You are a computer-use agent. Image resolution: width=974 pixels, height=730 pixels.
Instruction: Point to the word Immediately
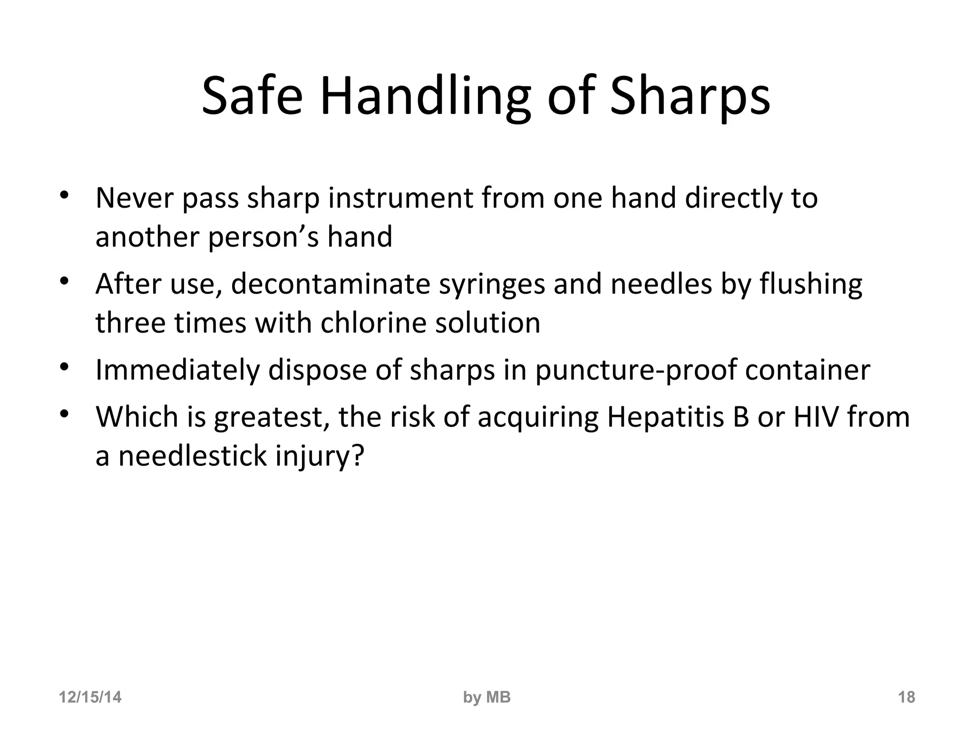[177, 371]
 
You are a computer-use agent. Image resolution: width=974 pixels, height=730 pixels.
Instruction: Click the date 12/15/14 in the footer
[90, 697]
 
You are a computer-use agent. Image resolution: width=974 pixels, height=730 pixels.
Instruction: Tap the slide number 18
[906, 697]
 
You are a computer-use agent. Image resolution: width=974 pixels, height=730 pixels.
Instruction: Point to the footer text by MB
[487, 697]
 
